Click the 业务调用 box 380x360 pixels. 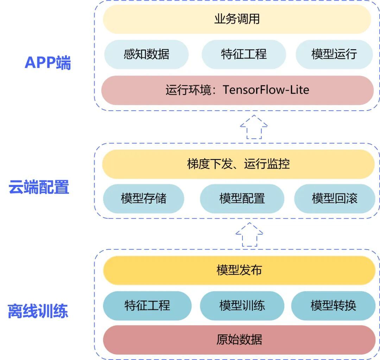[x=237, y=19]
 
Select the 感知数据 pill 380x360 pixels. [x=146, y=54]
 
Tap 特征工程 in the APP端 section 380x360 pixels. [x=243, y=54]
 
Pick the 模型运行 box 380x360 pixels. [x=334, y=54]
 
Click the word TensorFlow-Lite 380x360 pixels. [x=266, y=90]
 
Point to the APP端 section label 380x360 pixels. [x=47, y=63]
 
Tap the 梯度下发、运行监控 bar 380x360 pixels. [x=238, y=164]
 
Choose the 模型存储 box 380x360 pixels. [x=144, y=199]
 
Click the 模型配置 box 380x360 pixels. [x=242, y=199]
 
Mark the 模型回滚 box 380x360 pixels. [x=334, y=199]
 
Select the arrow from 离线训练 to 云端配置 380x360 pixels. [x=249, y=234]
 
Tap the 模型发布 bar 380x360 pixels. [x=239, y=270]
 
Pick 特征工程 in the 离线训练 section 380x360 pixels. [x=147, y=305]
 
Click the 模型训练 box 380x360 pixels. [x=242, y=305]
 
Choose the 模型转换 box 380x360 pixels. [x=333, y=305]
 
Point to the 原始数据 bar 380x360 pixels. [x=239, y=340]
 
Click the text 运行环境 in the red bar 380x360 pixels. [x=188, y=90]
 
